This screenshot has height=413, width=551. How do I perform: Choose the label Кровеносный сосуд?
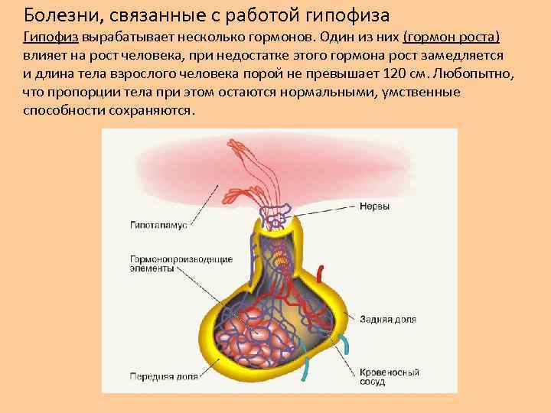[389, 377]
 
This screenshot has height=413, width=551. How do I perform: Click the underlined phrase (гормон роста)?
[451, 37]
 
